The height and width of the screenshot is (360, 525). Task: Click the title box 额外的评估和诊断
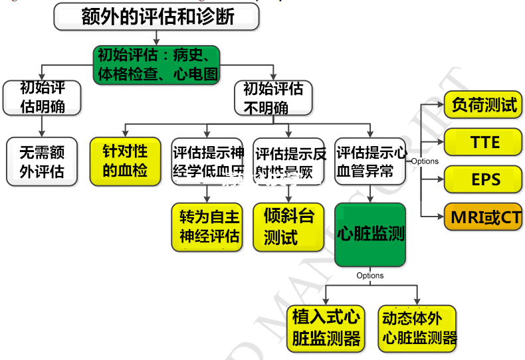pos(157,17)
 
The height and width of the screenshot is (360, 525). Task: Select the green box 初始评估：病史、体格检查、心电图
pos(156,64)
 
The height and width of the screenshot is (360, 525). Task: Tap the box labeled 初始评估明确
pos(43,97)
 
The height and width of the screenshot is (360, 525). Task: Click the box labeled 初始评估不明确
pos(272,98)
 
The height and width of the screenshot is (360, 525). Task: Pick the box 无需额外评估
pos(43,161)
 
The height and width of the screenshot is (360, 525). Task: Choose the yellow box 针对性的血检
pos(126,161)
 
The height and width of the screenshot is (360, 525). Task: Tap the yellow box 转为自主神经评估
pos(208,227)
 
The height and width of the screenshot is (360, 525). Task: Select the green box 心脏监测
pos(370,234)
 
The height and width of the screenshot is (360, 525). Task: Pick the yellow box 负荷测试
pos(482,106)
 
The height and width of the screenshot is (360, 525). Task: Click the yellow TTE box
pos(482,142)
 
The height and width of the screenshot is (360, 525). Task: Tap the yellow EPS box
pos(482,179)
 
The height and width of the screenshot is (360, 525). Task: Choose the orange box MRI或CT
pos(482,217)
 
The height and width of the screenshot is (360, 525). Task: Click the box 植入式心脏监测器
pos(326,328)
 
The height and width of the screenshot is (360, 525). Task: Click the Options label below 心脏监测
pos(370,276)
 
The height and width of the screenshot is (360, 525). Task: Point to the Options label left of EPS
pos(425,161)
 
